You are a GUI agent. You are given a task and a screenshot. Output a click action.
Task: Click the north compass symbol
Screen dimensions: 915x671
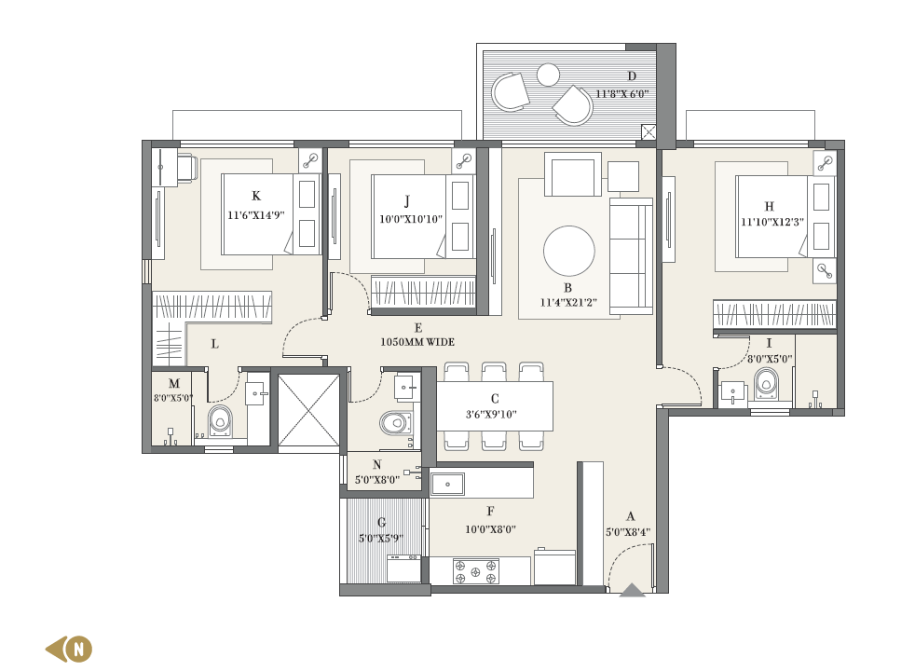pyautogui.click(x=69, y=649)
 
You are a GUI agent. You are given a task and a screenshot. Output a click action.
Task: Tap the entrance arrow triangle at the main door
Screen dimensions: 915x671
pyautogui.click(x=632, y=591)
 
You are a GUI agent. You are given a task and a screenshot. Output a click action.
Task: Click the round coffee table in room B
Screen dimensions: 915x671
pyautogui.click(x=569, y=251)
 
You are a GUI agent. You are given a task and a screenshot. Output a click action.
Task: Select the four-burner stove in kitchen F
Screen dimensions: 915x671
pyautogui.click(x=476, y=572)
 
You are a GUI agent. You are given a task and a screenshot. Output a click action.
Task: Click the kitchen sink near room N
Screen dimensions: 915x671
pyautogui.click(x=447, y=485)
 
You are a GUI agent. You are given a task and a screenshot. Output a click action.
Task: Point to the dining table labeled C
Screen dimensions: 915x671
pyautogui.click(x=495, y=406)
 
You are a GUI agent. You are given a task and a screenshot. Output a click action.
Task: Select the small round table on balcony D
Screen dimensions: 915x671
pyautogui.click(x=548, y=75)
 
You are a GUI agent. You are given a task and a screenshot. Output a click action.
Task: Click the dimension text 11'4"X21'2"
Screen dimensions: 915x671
pyautogui.click(x=568, y=303)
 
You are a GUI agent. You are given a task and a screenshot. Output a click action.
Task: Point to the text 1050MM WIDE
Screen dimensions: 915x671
pyautogui.click(x=417, y=342)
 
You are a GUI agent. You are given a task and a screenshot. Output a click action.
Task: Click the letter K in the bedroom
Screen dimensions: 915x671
pyautogui.click(x=255, y=196)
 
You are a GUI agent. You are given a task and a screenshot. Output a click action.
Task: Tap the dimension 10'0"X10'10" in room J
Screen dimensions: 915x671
pyautogui.click(x=411, y=219)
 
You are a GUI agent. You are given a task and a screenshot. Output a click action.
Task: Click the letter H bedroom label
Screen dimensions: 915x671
pyautogui.click(x=769, y=207)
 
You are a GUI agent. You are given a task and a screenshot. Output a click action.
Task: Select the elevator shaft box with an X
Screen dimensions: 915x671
pyautogui.click(x=308, y=410)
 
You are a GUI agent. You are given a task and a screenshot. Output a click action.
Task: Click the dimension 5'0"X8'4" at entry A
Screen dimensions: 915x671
pyautogui.click(x=628, y=532)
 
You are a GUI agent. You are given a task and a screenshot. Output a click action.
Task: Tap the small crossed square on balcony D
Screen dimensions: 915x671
pyautogui.click(x=649, y=131)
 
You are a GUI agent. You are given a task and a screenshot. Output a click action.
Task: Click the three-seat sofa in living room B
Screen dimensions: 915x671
pyautogui.click(x=631, y=256)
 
